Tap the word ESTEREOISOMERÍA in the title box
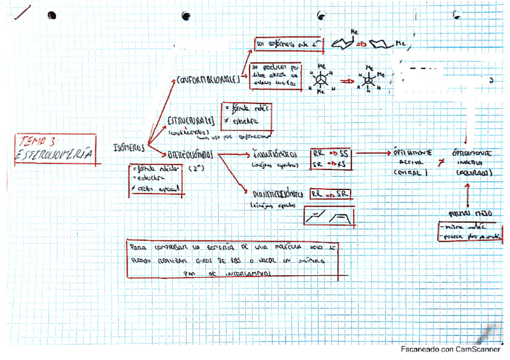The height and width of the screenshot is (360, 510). [x=55, y=154]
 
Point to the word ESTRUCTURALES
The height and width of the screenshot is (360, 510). [x=190, y=119]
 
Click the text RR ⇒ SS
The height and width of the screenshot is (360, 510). [x=330, y=153]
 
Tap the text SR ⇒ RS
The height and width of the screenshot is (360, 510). [x=330, y=164]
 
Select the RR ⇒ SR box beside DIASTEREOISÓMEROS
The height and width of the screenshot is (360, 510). [x=330, y=195]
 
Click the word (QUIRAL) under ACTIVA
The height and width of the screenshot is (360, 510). [x=409, y=172]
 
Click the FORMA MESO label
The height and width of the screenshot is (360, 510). [x=467, y=213]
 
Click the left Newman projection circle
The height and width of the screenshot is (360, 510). [x=322, y=80]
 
